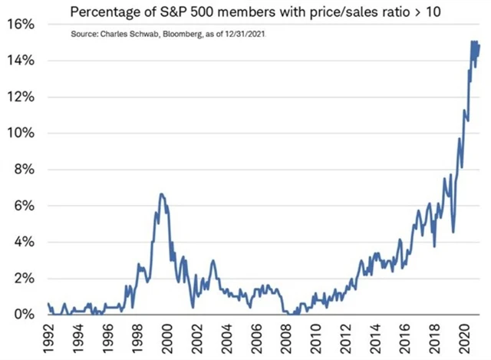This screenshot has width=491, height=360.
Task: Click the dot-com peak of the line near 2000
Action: pyautogui.click(x=161, y=194)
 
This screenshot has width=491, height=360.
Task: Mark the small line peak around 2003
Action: pyautogui.click(x=213, y=261)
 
